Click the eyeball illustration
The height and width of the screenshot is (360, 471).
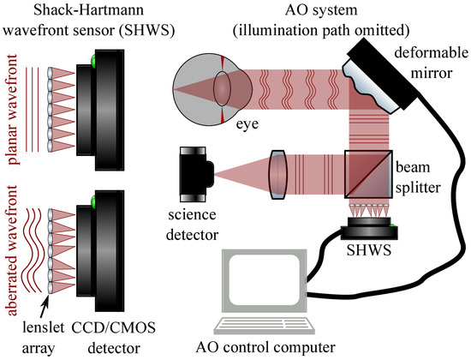pos(212,89)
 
